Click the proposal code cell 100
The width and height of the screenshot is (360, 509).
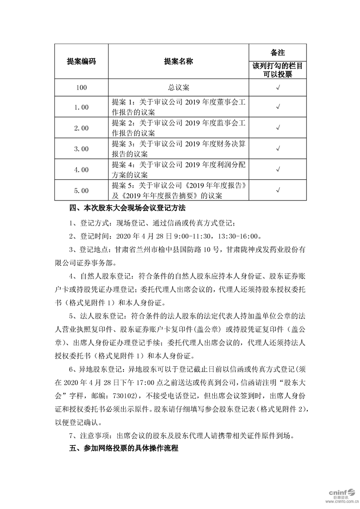[x=81, y=87]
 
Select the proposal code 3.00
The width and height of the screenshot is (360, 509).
[x=81, y=148]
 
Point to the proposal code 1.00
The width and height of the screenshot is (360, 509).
[x=81, y=107]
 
